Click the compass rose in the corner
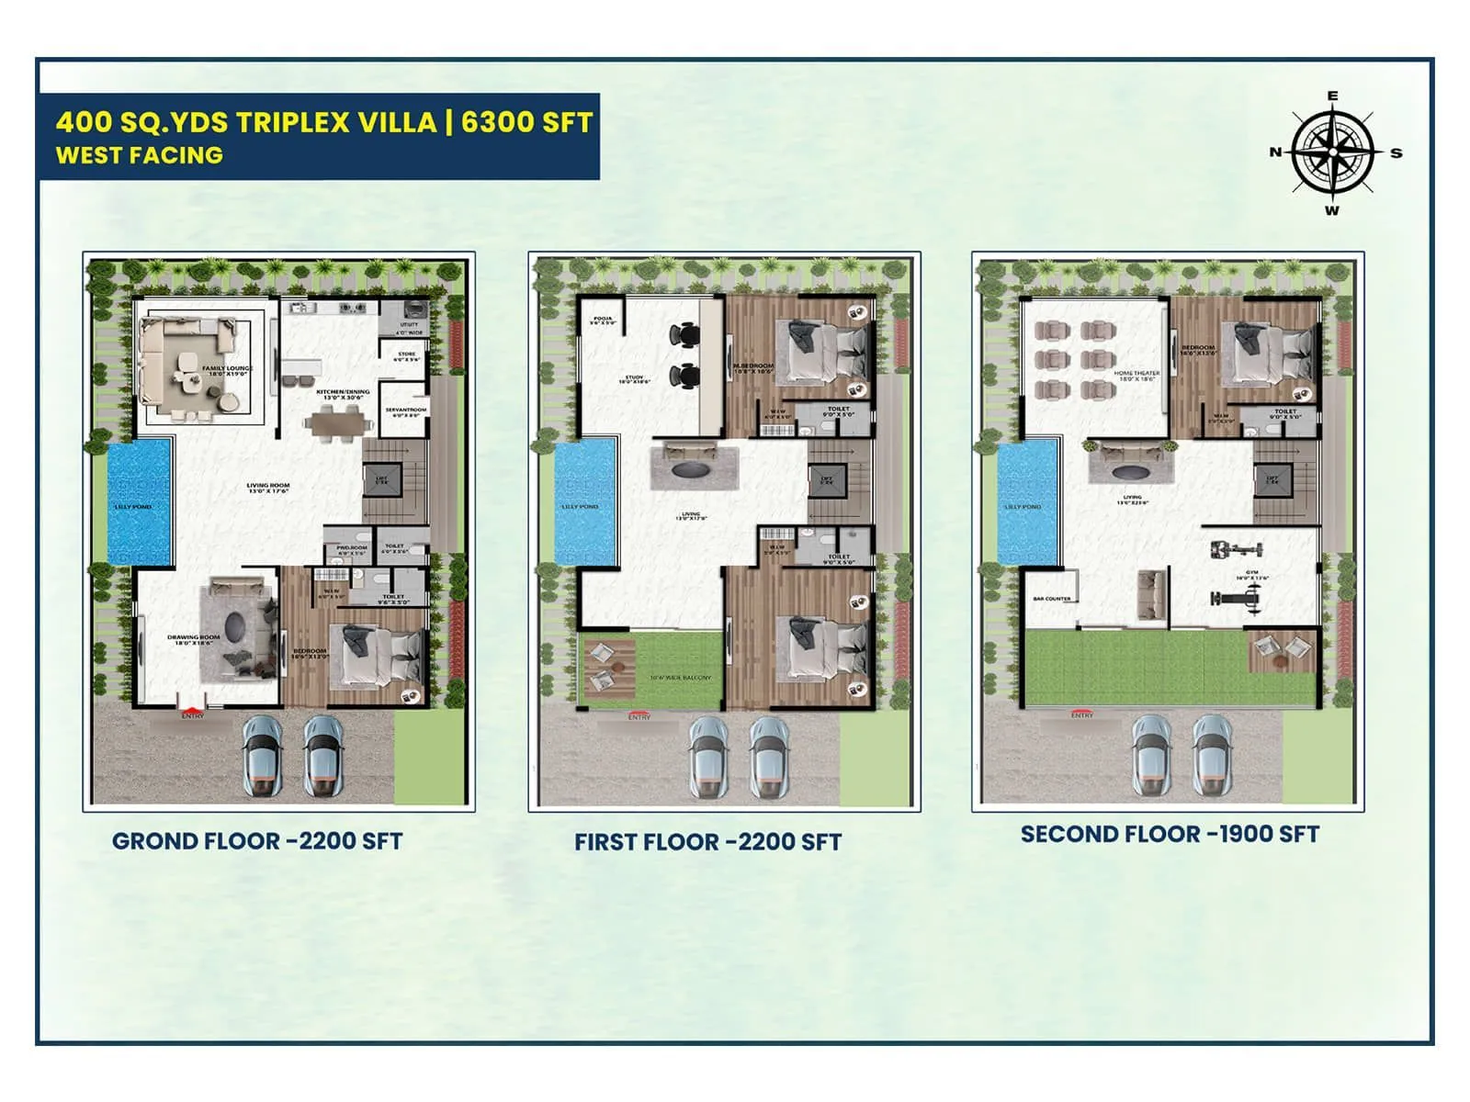[1333, 152]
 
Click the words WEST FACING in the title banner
[139, 154]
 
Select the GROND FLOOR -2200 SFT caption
[257, 840]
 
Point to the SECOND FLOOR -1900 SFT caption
[1170, 834]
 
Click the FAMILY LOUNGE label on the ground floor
[227, 370]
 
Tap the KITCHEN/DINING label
[343, 393]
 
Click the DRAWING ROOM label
[194, 639]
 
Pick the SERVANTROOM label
[405, 411]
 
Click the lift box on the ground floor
[382, 477]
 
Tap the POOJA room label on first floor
[603, 320]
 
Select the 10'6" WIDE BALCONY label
[681, 677]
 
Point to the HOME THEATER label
[1137, 375]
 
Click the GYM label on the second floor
[1251, 575]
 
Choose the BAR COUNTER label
[1052, 599]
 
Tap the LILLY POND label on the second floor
[1022, 506]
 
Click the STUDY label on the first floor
[634, 378]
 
